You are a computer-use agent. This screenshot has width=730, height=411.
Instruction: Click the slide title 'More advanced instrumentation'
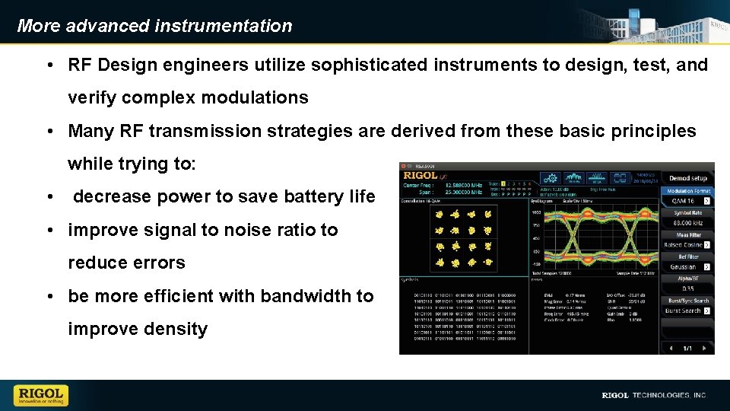click(154, 26)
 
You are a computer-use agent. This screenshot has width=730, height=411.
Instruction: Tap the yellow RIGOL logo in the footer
click(40, 395)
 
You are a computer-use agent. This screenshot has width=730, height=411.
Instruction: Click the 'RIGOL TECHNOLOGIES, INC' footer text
click(654, 396)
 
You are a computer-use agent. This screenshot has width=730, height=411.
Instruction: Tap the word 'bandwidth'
click(275, 296)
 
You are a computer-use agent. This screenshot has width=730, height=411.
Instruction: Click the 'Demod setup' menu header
click(687, 178)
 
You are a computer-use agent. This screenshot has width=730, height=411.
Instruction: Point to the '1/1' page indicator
click(687, 348)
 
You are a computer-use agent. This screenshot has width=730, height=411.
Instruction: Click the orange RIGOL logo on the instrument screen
click(420, 176)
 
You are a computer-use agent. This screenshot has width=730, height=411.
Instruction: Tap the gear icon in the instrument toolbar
click(550, 177)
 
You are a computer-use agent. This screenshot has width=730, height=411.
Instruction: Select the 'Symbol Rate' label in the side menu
click(687, 213)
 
